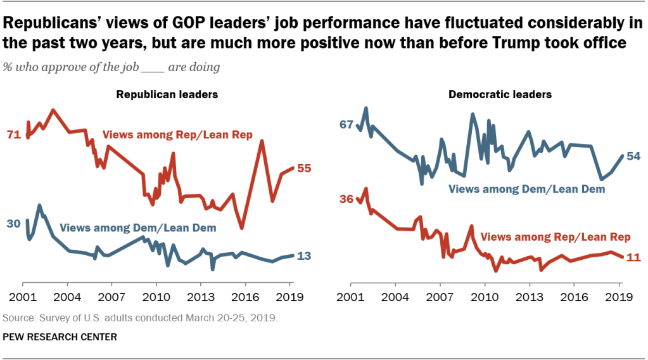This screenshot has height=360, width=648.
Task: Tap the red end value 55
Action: (x=304, y=169)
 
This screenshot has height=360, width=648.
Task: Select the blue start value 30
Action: (x=13, y=223)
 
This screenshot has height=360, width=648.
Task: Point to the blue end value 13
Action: (x=304, y=256)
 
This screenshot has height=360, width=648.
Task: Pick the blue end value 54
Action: (x=633, y=156)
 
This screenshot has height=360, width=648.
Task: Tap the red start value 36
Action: (x=346, y=199)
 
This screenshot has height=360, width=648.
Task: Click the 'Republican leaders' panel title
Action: (x=167, y=94)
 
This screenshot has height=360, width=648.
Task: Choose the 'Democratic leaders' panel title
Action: (x=500, y=94)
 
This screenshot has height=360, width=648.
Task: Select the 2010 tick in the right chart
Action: (x=485, y=296)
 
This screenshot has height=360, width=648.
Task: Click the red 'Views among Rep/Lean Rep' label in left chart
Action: (x=177, y=135)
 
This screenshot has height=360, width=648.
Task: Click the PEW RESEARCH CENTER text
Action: (x=60, y=337)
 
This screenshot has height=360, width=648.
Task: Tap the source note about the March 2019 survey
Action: (x=140, y=317)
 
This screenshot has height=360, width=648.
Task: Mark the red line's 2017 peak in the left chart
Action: (x=261, y=141)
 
